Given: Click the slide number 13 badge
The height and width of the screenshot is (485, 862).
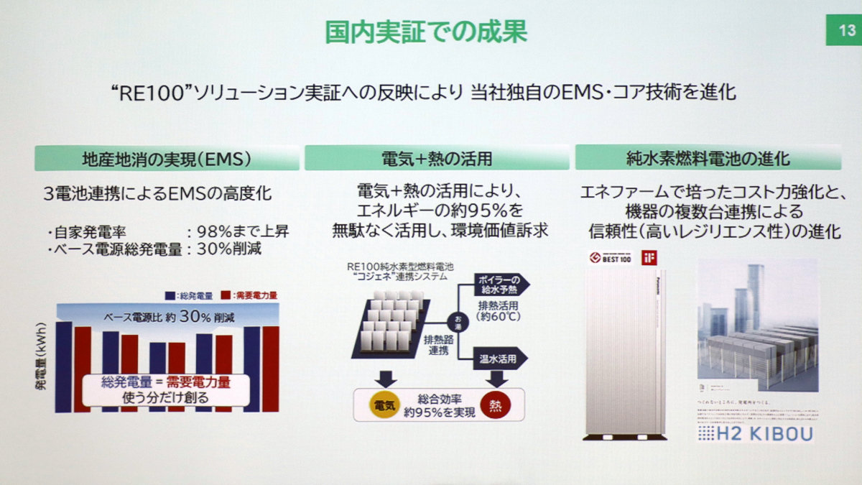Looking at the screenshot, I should click(x=843, y=31).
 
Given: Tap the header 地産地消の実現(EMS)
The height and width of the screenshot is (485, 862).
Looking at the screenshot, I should click(x=166, y=158).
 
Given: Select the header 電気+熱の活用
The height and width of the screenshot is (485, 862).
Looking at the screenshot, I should click(x=437, y=158).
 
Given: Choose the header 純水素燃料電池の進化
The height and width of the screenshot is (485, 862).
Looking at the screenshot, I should click(x=708, y=158).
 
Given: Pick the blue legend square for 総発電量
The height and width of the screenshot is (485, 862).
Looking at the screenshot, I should click(x=170, y=295).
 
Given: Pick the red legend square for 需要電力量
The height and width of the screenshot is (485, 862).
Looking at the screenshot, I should click(x=226, y=295).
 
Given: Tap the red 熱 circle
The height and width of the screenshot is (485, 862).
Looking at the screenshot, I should click(x=496, y=405).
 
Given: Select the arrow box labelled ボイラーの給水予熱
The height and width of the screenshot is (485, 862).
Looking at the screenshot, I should click(x=500, y=284).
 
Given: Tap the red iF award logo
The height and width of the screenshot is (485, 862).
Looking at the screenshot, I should click(x=650, y=257).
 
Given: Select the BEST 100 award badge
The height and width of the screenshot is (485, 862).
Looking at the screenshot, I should click(x=609, y=257).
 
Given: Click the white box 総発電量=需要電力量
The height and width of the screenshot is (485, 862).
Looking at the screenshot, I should click(x=166, y=389).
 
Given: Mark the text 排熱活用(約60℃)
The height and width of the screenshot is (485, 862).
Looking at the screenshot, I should click(x=498, y=309).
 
